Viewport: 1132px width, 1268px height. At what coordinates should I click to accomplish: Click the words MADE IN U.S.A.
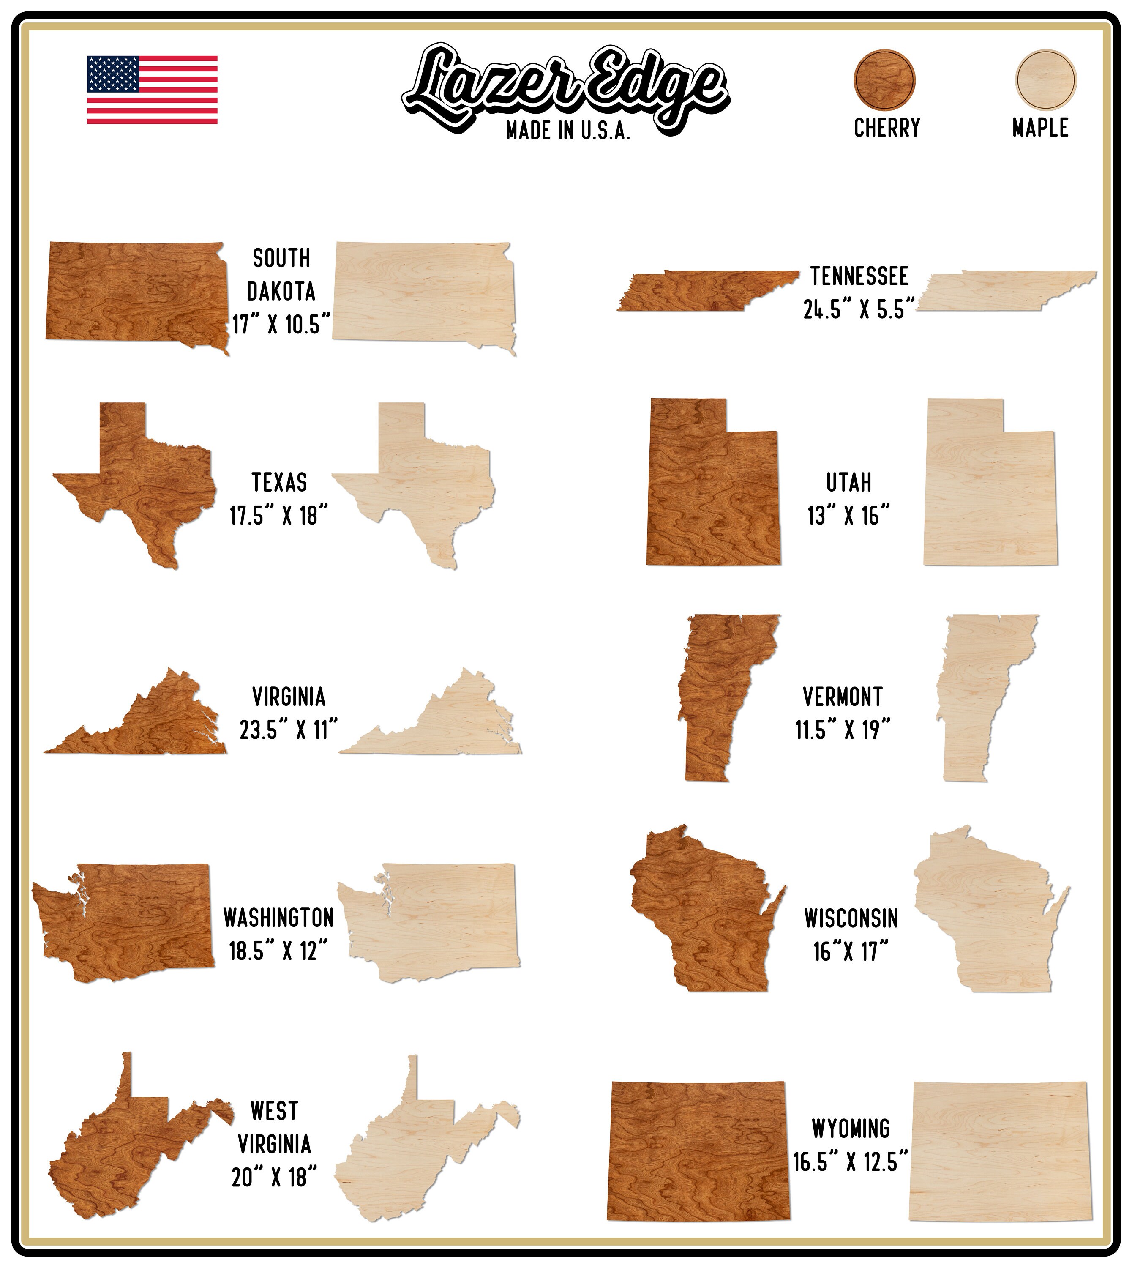(567, 131)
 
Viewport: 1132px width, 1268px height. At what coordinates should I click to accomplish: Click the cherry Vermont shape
(715, 691)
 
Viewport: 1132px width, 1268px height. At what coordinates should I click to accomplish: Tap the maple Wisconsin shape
(983, 908)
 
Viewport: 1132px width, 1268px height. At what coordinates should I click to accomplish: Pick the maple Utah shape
(989, 492)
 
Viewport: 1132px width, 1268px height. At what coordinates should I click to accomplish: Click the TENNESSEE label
(859, 276)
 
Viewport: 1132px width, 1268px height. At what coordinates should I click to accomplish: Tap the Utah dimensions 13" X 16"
(848, 516)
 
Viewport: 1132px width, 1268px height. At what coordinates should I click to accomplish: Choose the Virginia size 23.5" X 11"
(288, 730)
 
